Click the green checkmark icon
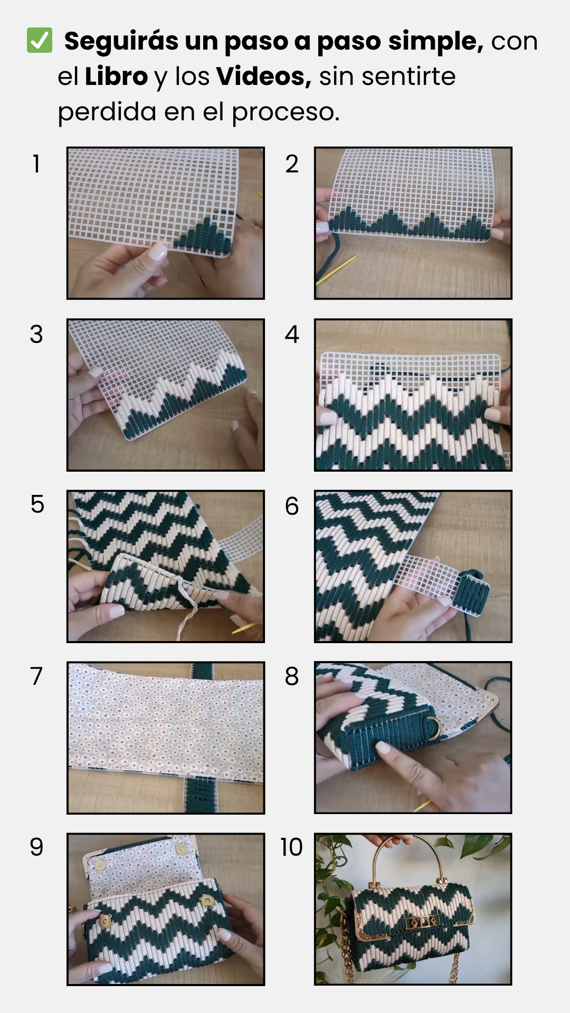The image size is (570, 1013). [40, 41]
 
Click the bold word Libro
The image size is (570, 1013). [116, 76]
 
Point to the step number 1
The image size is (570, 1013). [36, 164]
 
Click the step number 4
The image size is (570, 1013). [292, 335]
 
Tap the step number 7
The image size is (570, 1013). [36, 676]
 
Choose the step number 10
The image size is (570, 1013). [291, 847]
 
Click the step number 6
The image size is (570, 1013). [292, 506]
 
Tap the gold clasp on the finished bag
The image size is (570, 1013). [422, 922]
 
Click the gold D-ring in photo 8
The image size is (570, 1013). [434, 727]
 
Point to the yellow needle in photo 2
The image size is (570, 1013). [336, 270]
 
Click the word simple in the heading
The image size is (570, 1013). [435, 42]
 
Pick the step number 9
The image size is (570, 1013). [36, 847]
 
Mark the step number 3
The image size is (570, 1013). [36, 335]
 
